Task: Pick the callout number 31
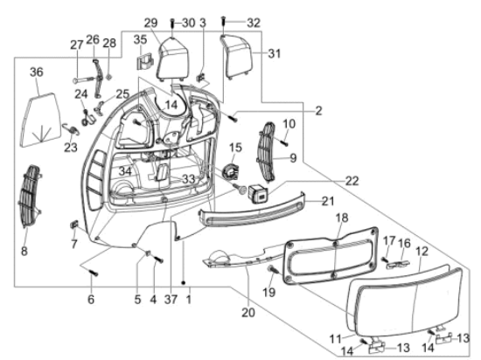tap(275, 53)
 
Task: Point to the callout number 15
tap(235, 146)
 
